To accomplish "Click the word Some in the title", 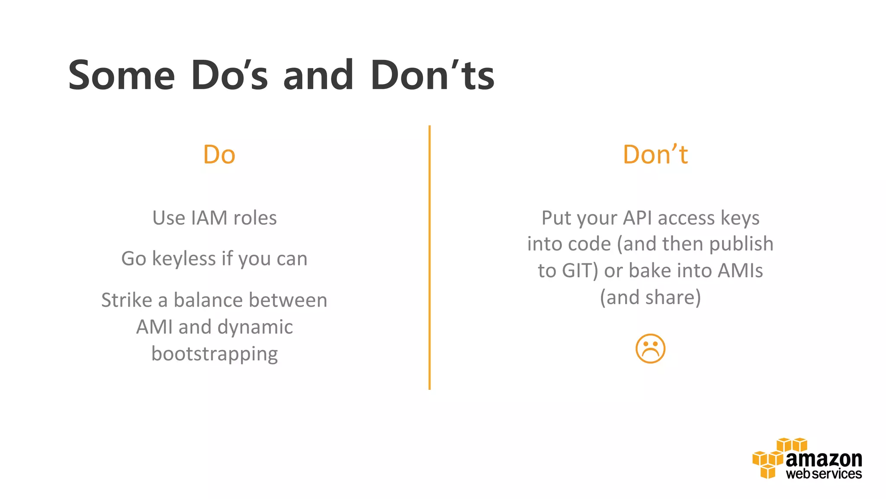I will (122, 76).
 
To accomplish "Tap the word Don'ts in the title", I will (432, 76).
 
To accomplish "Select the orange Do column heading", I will (219, 155).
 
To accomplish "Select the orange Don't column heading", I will (655, 155).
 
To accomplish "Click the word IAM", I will (209, 218).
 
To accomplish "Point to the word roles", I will (255, 218).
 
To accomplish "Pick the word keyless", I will (184, 259).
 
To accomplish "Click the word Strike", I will (126, 300).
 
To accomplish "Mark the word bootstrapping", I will (215, 354).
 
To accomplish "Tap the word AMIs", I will (740, 271).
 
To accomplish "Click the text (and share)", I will (650, 298).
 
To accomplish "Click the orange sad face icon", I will (650, 349).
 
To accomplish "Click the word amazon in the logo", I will (824, 459).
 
